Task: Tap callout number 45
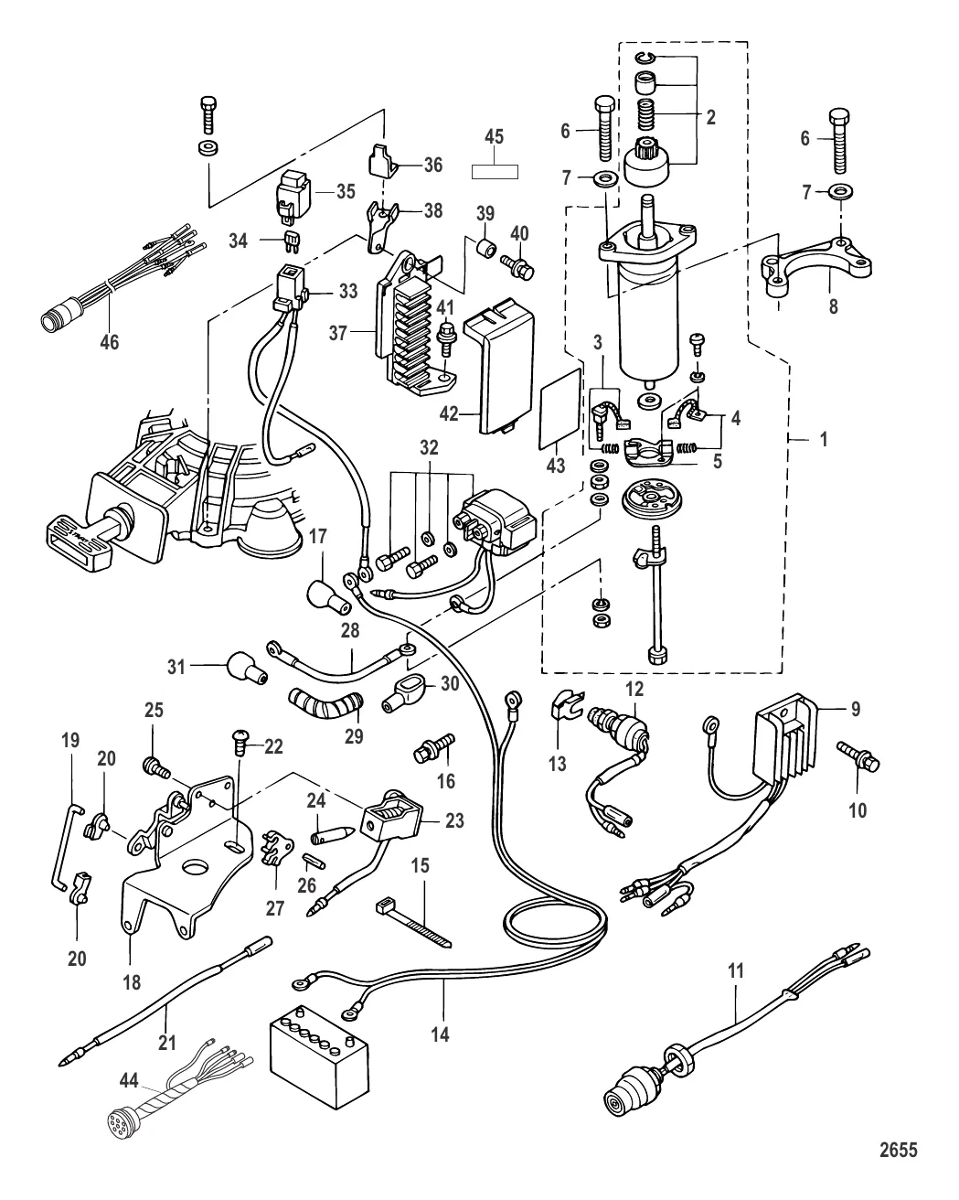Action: [x=494, y=137]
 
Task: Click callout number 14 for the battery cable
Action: [x=441, y=1034]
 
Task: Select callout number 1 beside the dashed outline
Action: [x=824, y=439]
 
